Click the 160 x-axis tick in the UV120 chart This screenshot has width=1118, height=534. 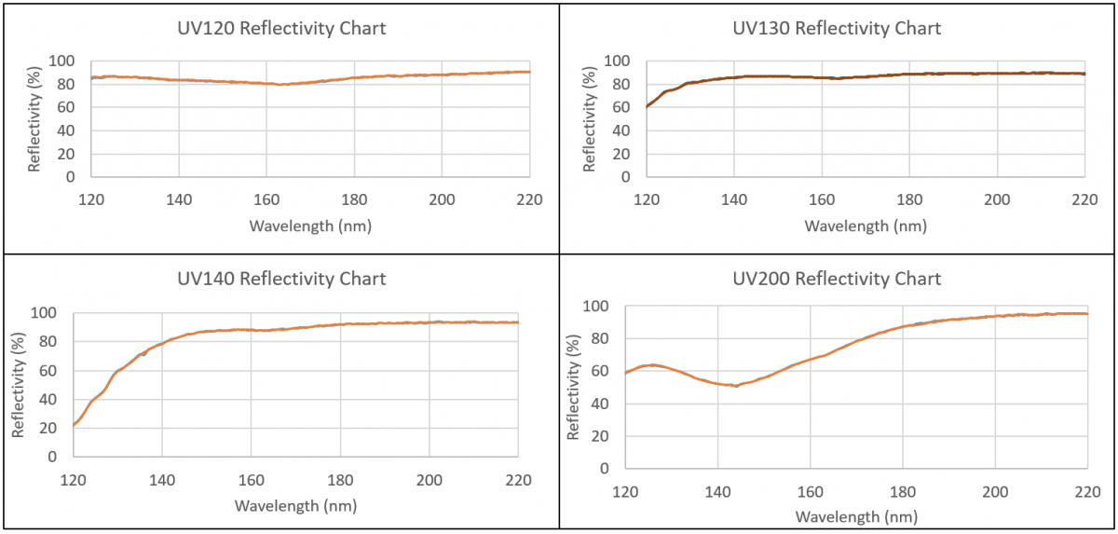pos(266,199)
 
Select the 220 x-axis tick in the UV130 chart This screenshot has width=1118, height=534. pos(1084,199)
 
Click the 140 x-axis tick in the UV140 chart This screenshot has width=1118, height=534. pos(162,480)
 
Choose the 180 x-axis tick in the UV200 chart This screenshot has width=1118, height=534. pos(903,491)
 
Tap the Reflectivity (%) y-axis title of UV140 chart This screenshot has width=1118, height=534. pos(18,384)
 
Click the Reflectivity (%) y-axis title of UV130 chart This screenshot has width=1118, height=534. pos(590,118)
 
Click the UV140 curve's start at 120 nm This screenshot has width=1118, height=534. pos(74,426)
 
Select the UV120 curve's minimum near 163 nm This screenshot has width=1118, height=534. pos(279,85)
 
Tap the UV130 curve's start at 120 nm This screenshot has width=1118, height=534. pos(648,106)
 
